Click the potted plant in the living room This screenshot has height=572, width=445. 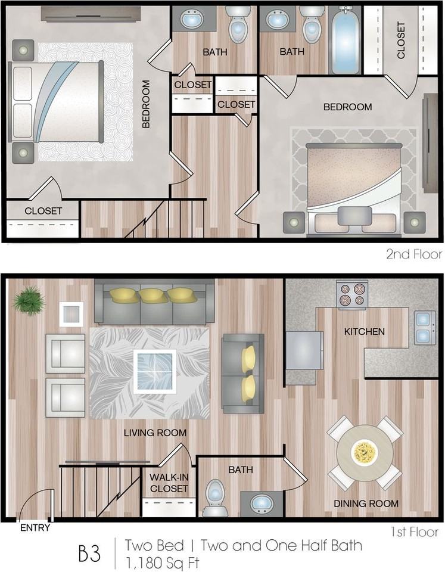(28, 300)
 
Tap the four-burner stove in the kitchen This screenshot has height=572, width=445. (351, 296)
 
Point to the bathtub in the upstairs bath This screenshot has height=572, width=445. (345, 41)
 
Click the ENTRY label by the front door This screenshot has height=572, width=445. (35, 527)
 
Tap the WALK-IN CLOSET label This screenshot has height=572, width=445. (169, 483)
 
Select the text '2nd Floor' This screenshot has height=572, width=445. (414, 254)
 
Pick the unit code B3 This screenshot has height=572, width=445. (90, 552)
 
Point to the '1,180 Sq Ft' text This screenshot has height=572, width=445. (161, 561)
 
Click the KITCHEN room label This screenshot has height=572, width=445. (363, 331)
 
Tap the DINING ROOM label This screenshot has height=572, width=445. (366, 503)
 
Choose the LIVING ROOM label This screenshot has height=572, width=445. (155, 433)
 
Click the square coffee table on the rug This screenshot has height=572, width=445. (154, 371)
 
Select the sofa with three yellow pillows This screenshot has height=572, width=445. (154, 304)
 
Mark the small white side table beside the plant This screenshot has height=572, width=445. (71, 314)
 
